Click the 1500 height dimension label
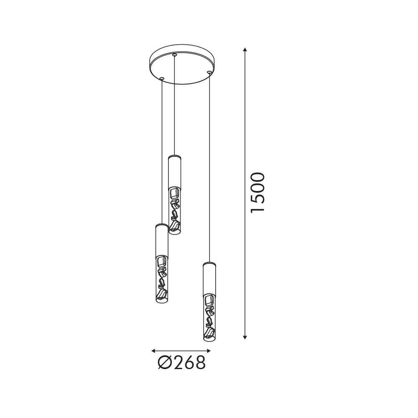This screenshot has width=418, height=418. click(258, 192)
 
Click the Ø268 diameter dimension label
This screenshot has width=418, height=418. click(181, 362)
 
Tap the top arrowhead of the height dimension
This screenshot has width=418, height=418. click(245, 50)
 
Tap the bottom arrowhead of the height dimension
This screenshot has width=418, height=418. click(245, 337)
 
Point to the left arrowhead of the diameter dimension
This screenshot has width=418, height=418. click(153, 351)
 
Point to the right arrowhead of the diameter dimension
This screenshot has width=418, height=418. click(209, 351)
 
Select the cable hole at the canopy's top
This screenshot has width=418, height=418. click(175, 55)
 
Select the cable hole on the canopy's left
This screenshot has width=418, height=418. click(162, 79)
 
